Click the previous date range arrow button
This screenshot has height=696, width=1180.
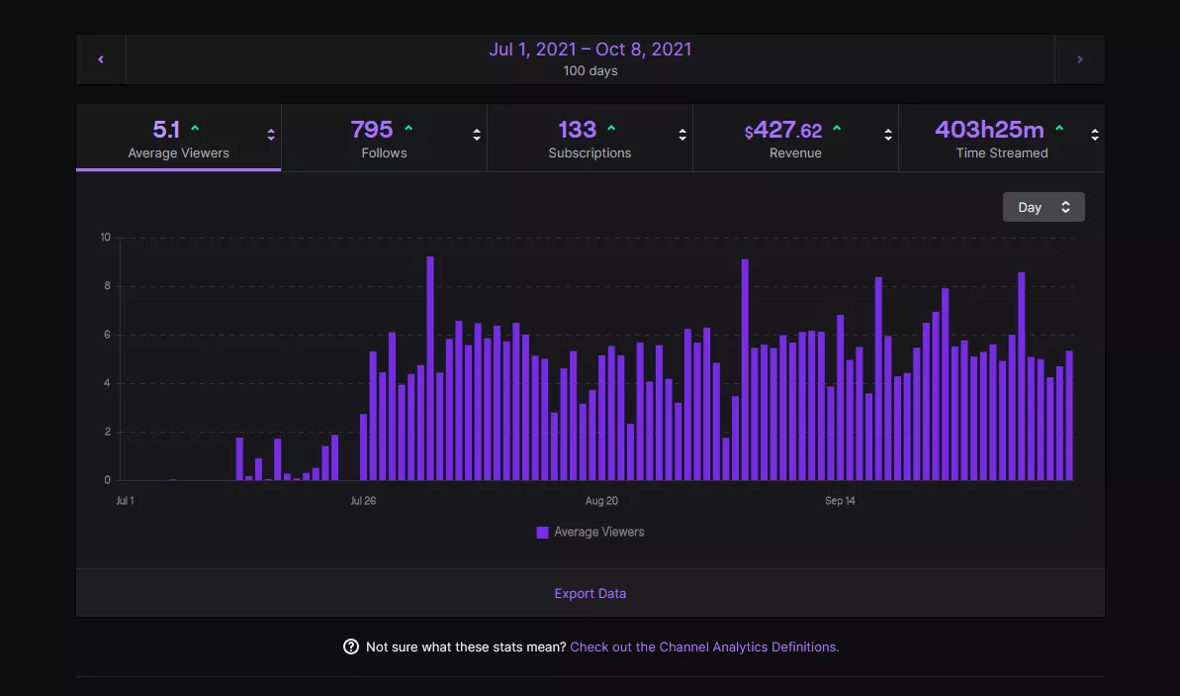tap(101, 59)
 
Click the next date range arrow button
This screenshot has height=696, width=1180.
tap(1079, 59)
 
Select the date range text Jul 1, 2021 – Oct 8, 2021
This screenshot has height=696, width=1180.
tap(590, 50)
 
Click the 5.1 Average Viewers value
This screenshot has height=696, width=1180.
tap(166, 130)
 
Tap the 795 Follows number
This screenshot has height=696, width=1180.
tap(372, 130)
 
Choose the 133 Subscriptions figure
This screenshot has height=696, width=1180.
tap(577, 130)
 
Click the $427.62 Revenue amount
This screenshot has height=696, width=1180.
tap(783, 131)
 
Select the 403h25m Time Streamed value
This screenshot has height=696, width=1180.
tap(989, 130)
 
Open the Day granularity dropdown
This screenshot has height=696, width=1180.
tap(1044, 207)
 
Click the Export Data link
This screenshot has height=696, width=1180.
tap(590, 594)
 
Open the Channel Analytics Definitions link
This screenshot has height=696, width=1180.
tap(704, 647)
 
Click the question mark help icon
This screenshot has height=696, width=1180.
tap(351, 647)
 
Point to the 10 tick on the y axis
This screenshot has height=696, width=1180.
tap(105, 238)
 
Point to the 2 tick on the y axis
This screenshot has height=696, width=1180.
tap(107, 433)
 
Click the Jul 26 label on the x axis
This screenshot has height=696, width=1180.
tap(363, 501)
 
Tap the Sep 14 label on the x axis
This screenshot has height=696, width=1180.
tap(840, 501)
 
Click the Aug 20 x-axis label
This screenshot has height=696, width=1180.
tap(601, 501)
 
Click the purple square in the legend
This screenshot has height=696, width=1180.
tap(542, 533)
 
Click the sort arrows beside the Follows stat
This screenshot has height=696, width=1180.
tap(477, 136)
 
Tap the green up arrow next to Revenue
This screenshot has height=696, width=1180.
tap(837, 129)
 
